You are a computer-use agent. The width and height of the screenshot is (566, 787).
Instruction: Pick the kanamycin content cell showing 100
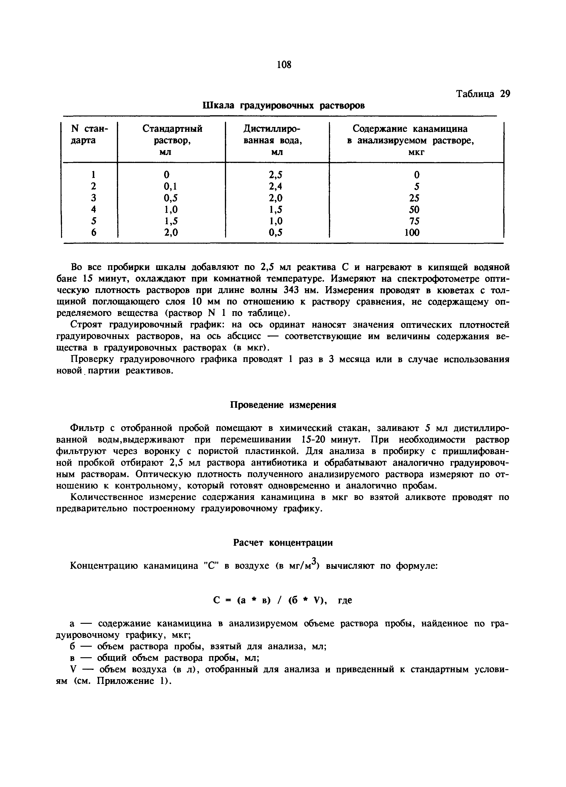(x=412, y=232)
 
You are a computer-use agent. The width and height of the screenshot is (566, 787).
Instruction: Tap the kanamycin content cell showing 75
(x=412, y=221)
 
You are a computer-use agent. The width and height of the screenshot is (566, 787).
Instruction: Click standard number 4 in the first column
(x=93, y=209)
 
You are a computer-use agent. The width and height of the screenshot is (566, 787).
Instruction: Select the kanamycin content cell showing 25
(x=412, y=198)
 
